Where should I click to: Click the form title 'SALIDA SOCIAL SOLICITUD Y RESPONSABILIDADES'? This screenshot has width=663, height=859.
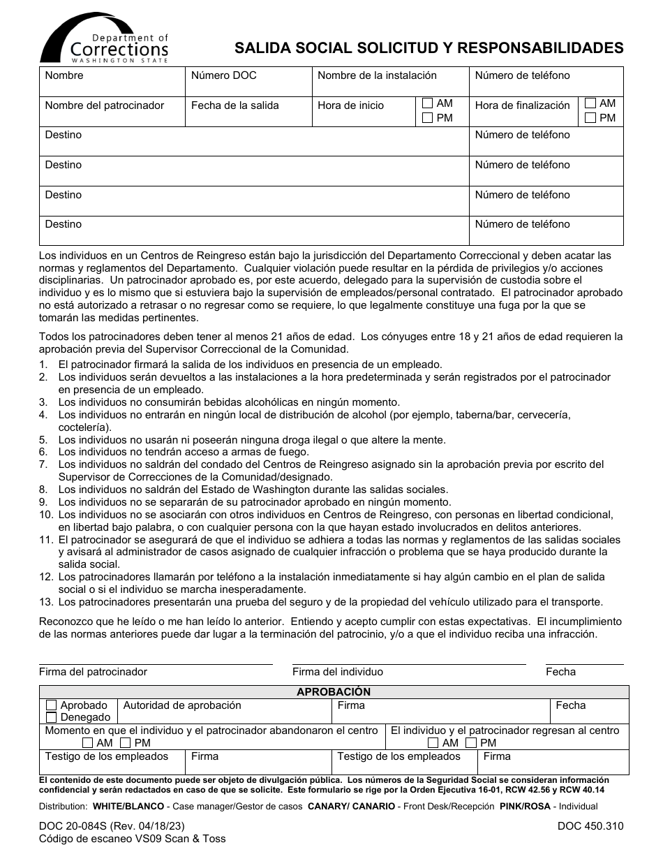pos(429,47)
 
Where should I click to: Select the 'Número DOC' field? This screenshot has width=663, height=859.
pos(248,82)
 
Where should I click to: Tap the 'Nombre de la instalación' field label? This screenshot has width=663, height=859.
pos(377,75)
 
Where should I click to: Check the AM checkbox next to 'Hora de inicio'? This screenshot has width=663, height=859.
pos(428,103)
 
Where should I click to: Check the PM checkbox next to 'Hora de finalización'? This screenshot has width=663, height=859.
pos(590,118)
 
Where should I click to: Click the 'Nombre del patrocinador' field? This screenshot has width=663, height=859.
pos(112,112)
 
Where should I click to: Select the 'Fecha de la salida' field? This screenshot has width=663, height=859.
pos(248,112)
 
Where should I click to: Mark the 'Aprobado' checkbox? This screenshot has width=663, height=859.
pos(52,705)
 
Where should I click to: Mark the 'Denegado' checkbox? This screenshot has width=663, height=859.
pos(52,717)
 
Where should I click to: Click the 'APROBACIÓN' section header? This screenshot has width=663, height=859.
pos(334,691)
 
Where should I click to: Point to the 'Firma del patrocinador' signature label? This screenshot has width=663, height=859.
pos(93,672)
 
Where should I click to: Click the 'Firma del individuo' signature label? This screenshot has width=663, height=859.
pos(338,672)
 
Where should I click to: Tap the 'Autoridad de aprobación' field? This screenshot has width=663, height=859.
pos(223,711)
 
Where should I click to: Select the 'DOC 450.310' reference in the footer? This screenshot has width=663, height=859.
pos(590,825)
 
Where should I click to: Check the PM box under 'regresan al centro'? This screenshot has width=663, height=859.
pos(471,743)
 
